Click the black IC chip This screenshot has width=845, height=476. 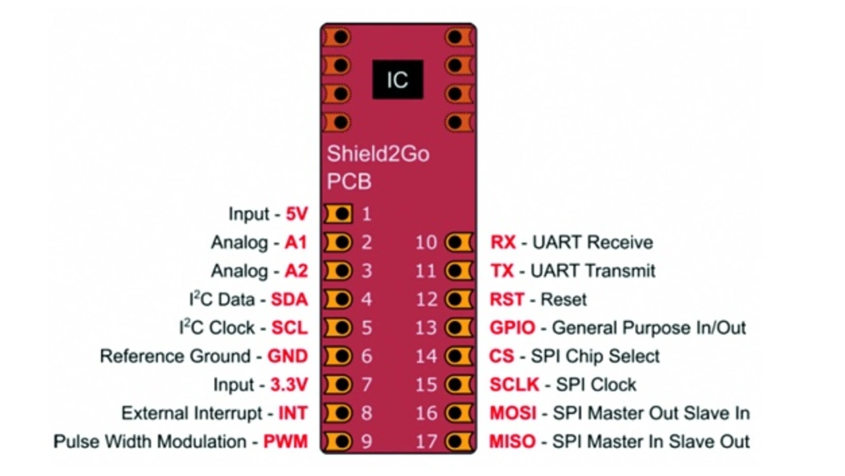(397, 80)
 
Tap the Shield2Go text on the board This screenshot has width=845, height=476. (378, 154)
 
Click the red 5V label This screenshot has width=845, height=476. (296, 214)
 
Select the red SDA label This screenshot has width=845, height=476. (289, 300)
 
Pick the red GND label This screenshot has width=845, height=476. (287, 357)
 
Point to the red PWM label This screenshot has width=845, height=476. (285, 442)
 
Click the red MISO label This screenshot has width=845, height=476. (512, 442)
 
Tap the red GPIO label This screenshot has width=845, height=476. (512, 328)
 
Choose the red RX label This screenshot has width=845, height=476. (503, 242)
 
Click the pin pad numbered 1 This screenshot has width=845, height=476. (340, 214)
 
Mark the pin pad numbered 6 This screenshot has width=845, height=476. (340, 357)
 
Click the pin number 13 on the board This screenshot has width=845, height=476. (426, 328)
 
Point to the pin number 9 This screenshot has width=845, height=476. (366, 442)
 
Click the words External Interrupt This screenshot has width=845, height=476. (191, 413)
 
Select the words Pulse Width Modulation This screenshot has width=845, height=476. (150, 442)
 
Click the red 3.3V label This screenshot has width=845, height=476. (289, 385)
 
